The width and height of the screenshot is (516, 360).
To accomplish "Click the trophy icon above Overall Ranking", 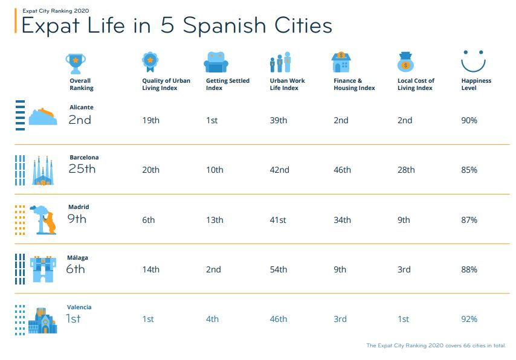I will [x=76, y=62].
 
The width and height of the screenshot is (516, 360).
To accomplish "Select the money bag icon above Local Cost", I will [x=405, y=62].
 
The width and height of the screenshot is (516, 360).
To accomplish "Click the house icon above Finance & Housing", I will [x=341, y=62].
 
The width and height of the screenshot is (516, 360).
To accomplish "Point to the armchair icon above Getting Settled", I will [x=216, y=62].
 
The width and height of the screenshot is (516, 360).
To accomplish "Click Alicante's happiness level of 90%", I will [x=469, y=120].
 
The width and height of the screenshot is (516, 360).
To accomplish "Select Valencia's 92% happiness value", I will [x=469, y=319].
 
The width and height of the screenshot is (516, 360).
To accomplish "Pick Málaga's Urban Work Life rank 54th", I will [x=278, y=269].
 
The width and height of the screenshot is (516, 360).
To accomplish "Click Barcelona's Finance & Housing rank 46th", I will [x=342, y=170].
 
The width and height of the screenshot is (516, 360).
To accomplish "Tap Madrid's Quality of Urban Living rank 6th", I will [x=149, y=220].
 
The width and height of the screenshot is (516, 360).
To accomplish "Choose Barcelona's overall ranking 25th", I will [x=82, y=169].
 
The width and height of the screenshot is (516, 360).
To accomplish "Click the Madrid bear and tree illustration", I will [x=44, y=219].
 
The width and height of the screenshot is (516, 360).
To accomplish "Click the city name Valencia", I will [x=79, y=307].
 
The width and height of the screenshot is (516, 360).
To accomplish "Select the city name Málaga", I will [x=77, y=258].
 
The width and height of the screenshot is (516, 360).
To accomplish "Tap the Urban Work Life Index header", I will [x=287, y=84].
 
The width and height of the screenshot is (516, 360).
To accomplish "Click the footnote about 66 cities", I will [x=436, y=346].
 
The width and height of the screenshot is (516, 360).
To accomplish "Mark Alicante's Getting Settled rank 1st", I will [x=211, y=120].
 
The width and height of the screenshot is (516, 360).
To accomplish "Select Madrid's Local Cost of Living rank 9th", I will [x=404, y=220].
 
